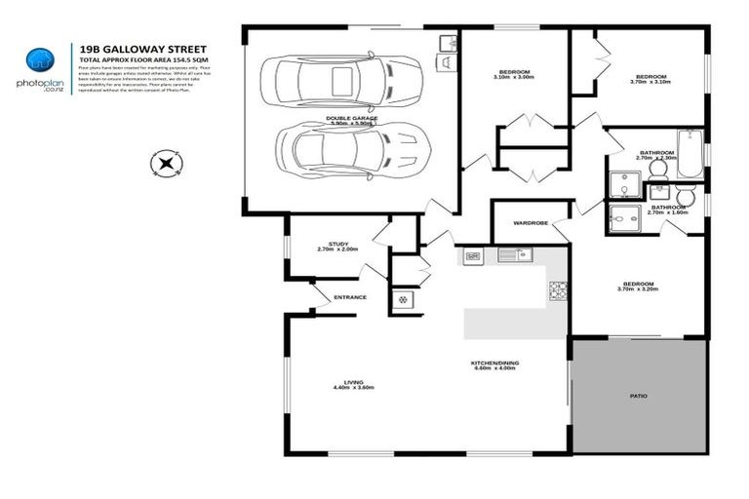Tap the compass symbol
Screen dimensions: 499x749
(167, 162)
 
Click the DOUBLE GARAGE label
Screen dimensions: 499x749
(352, 120)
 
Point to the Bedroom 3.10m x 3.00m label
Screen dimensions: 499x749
(514, 74)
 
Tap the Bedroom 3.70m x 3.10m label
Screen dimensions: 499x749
(650, 80)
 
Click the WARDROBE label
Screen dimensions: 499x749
(531, 222)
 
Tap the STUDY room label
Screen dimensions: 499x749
(337, 247)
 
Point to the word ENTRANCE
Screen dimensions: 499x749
(349, 297)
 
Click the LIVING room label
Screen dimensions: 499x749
(353, 385)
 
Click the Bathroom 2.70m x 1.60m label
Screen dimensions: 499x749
(668, 210)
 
